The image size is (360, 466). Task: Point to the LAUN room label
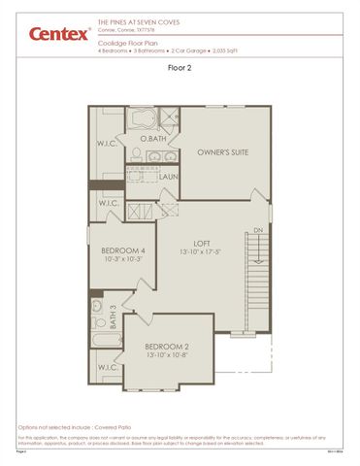pyautogui.click(x=169, y=177)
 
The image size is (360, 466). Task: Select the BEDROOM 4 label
pyautogui.click(x=123, y=250)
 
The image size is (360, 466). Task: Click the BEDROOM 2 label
pyautogui.click(x=167, y=346)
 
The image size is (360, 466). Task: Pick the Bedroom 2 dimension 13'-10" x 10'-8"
pyautogui.click(x=167, y=355)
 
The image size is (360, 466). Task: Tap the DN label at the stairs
pyautogui.click(x=257, y=230)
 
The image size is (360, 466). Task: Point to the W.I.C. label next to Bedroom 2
pyautogui.click(x=106, y=367)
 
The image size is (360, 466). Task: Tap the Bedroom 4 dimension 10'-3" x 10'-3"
pyautogui.click(x=123, y=260)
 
